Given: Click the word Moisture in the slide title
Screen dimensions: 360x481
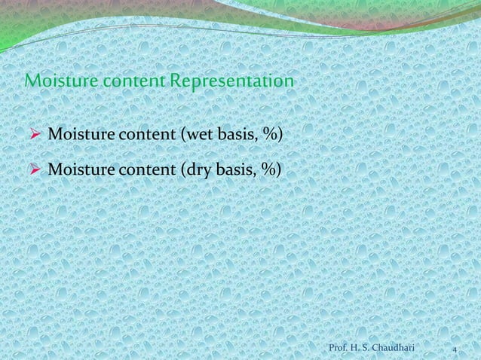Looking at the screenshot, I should pyautogui.click(x=54, y=80).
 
